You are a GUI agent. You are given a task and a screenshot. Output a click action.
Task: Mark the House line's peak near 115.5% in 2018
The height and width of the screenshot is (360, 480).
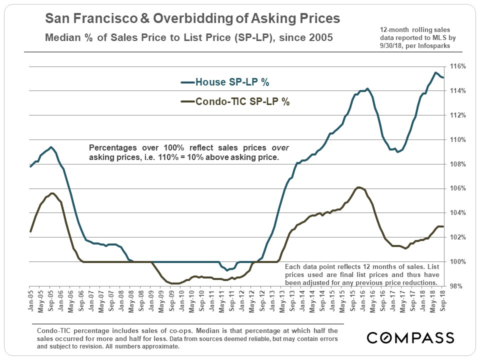435,73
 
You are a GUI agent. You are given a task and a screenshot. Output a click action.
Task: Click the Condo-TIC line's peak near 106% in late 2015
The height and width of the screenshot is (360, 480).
358,187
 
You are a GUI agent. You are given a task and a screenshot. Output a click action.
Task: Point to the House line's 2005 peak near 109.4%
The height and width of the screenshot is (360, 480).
51,147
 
